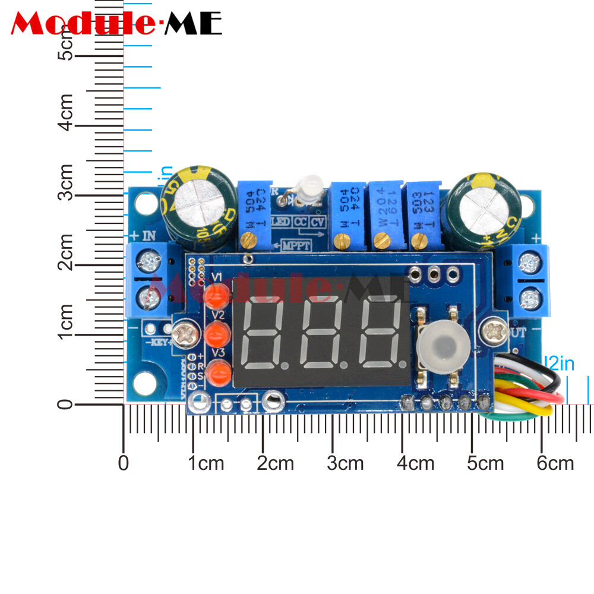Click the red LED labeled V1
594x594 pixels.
216,295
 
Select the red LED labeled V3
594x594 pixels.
220,374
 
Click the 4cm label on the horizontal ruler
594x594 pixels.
416,463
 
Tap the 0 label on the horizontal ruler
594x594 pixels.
124,463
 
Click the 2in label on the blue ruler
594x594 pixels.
560,364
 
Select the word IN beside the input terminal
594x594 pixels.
148,236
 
